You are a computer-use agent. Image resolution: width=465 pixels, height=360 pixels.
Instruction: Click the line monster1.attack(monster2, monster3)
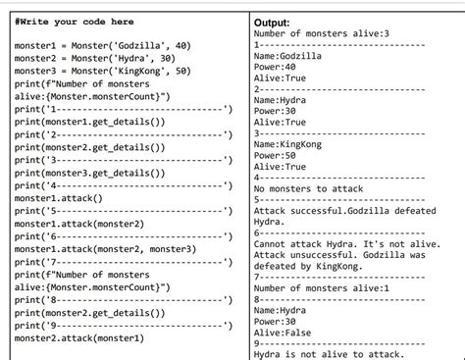[x=106, y=249]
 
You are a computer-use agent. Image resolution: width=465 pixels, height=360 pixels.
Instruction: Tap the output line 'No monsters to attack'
[x=308, y=188]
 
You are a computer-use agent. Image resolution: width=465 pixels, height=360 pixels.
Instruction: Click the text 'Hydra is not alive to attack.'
[x=329, y=354]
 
